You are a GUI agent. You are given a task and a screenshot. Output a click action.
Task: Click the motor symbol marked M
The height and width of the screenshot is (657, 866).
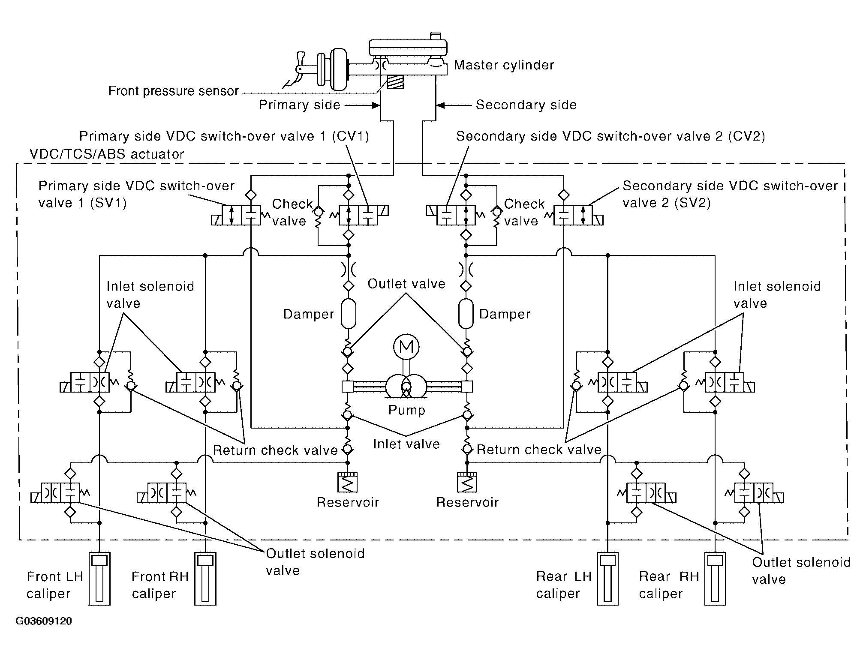tap(406, 347)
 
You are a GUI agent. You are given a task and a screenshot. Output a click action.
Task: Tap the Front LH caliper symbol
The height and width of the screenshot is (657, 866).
tap(99, 579)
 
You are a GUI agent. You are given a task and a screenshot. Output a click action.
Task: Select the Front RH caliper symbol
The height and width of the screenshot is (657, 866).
tap(205, 579)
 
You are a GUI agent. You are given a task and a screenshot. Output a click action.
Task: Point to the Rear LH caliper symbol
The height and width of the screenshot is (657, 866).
tap(607, 579)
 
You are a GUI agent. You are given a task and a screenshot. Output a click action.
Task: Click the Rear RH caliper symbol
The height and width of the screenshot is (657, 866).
tap(715, 579)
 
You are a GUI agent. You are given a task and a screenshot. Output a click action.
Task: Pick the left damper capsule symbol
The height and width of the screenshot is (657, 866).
tap(348, 314)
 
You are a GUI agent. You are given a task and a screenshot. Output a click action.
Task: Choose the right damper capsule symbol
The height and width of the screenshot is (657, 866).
tap(466, 314)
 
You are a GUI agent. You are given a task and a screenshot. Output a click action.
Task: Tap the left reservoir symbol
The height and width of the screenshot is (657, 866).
tap(348, 483)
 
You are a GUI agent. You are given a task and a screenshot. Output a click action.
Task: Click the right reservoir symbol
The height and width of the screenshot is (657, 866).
tap(467, 483)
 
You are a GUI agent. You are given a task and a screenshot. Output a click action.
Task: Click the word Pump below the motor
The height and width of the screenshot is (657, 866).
tap(406, 410)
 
